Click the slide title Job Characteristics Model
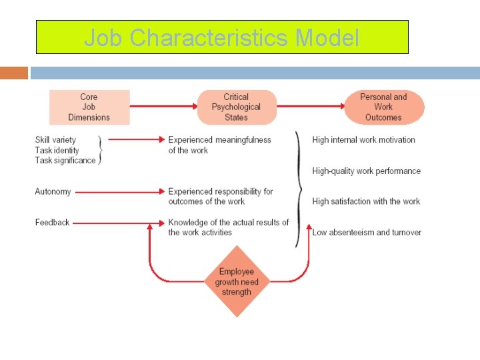(x=221, y=37)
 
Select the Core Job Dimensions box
(x=89, y=107)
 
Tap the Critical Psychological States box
(x=236, y=107)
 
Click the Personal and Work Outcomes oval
(x=383, y=107)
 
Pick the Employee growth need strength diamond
(x=236, y=281)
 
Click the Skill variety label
(x=55, y=140)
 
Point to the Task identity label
(x=57, y=150)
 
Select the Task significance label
(x=65, y=161)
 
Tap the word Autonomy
(x=53, y=191)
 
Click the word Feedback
(x=52, y=222)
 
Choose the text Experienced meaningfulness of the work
(x=219, y=145)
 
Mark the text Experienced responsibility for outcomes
(x=220, y=196)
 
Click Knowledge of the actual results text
(x=228, y=227)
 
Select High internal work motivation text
(x=363, y=140)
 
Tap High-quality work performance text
(x=366, y=171)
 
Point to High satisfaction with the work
(x=366, y=201)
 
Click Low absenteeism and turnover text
(x=367, y=232)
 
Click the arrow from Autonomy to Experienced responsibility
(x=119, y=192)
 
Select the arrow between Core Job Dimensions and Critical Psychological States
(x=163, y=107)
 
